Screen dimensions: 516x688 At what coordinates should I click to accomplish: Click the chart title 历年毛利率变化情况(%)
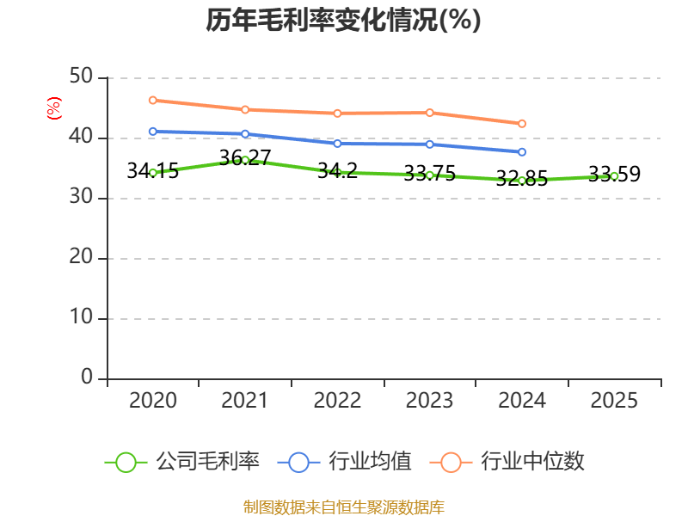point(343,20)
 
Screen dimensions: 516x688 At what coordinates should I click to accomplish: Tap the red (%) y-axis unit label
point(54,109)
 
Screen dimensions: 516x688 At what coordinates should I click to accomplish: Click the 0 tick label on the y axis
point(87,378)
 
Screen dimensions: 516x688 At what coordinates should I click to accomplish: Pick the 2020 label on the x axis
point(153,401)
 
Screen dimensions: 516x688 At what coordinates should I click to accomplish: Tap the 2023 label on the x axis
point(429,401)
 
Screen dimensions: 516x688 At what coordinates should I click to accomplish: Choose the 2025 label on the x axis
point(614,401)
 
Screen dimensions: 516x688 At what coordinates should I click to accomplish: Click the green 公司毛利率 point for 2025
point(614,175)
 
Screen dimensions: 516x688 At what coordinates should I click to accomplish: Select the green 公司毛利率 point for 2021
point(245,160)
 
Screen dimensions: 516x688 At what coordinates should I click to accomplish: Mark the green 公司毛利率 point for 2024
point(522,181)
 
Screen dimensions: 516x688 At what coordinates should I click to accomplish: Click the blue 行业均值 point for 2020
point(153,132)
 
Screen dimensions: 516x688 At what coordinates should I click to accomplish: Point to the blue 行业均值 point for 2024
point(522,152)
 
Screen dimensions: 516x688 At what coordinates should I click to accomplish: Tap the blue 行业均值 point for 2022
point(337,144)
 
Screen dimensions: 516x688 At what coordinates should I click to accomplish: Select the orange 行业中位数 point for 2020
point(153,101)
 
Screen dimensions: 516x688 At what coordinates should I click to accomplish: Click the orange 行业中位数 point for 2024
point(522,124)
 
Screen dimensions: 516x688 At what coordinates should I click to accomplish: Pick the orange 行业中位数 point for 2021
point(245,109)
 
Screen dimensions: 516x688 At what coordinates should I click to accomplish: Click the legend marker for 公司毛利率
point(126,462)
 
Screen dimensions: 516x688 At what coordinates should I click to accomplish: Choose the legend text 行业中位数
point(532,462)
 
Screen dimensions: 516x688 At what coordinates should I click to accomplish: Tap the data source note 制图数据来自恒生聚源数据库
point(343,507)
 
